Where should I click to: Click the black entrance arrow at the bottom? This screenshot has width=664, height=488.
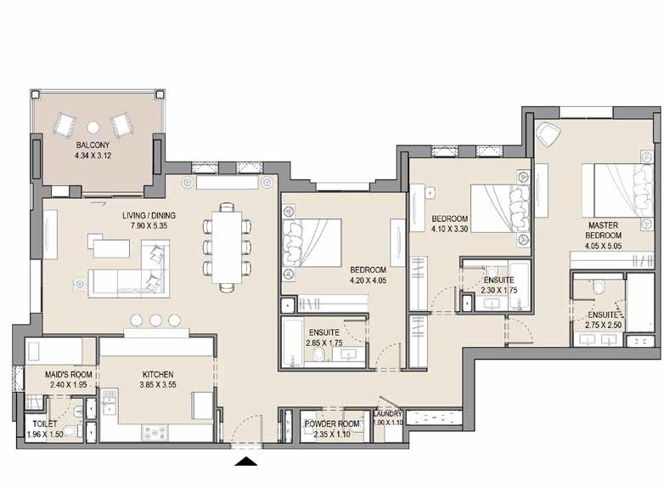246,461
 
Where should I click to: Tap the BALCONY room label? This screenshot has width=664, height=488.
91,145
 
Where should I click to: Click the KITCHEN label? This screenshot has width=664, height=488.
158,374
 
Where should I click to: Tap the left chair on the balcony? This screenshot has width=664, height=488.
66,123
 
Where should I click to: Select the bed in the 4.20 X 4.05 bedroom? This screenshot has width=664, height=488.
312,242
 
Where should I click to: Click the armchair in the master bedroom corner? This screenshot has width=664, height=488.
549,133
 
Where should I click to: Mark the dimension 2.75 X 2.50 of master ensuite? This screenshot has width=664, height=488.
605,325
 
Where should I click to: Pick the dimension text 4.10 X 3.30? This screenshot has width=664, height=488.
449,228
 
